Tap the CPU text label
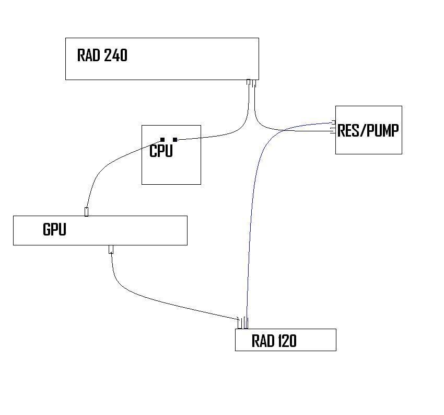coord(161,151)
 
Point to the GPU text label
coord(54,229)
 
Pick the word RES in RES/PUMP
coord(348,130)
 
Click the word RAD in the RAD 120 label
coord(262,341)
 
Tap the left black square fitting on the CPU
coord(162,140)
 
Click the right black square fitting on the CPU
coord(175,139)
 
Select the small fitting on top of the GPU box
coord(86,211)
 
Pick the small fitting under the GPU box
coord(111,249)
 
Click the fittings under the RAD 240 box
coord(252,84)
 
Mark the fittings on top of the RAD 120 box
coord(243,323)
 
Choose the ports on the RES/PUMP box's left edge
coord(333,128)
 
